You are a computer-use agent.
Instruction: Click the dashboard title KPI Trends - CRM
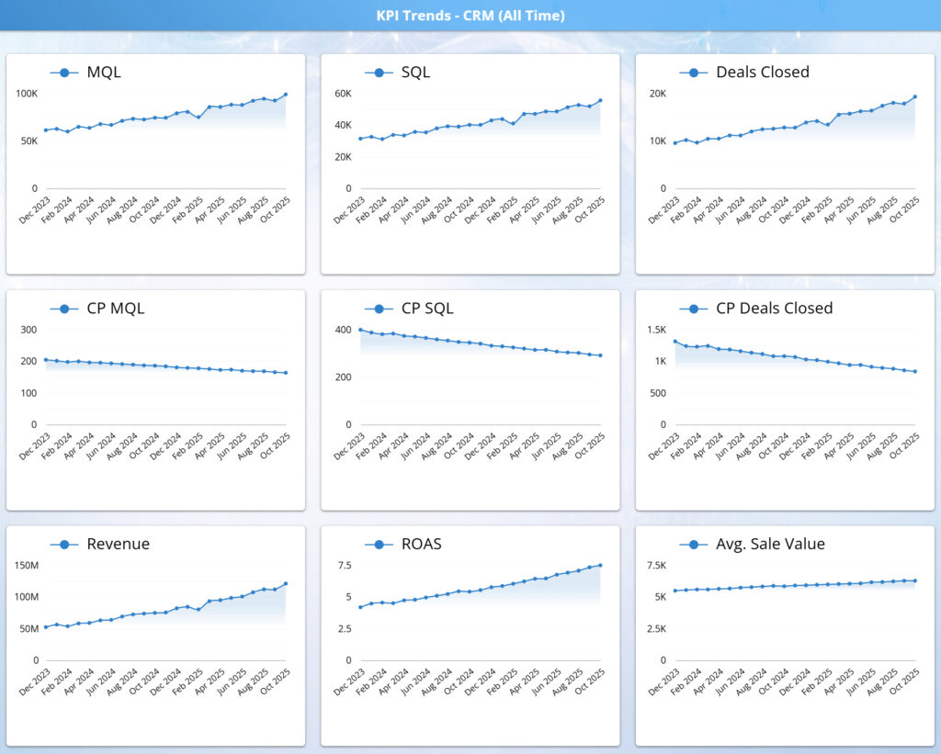coord(470,16)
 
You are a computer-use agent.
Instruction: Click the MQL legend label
coord(103,72)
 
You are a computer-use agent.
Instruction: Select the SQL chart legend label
coord(415,72)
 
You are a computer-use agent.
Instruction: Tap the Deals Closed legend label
coord(762,72)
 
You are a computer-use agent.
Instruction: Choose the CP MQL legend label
coord(115,308)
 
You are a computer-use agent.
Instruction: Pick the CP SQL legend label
coord(427,308)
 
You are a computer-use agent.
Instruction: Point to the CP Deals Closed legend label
coord(774,308)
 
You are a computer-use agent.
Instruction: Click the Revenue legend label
coord(118,544)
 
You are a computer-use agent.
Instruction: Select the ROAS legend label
coord(421,544)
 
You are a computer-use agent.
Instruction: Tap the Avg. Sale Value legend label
coord(770,544)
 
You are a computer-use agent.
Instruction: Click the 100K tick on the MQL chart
coord(27,94)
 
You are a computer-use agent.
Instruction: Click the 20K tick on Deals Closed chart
coord(657,94)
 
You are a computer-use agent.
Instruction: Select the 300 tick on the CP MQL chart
coord(28,330)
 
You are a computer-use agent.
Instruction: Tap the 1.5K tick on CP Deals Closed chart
coord(655,330)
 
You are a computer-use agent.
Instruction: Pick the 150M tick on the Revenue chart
coord(25,566)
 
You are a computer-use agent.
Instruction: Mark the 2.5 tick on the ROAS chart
coord(344,629)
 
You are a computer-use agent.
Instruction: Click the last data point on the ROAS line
coord(600,566)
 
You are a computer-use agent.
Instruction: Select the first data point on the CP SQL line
coord(360,330)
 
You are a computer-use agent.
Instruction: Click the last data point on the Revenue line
coord(286,583)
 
